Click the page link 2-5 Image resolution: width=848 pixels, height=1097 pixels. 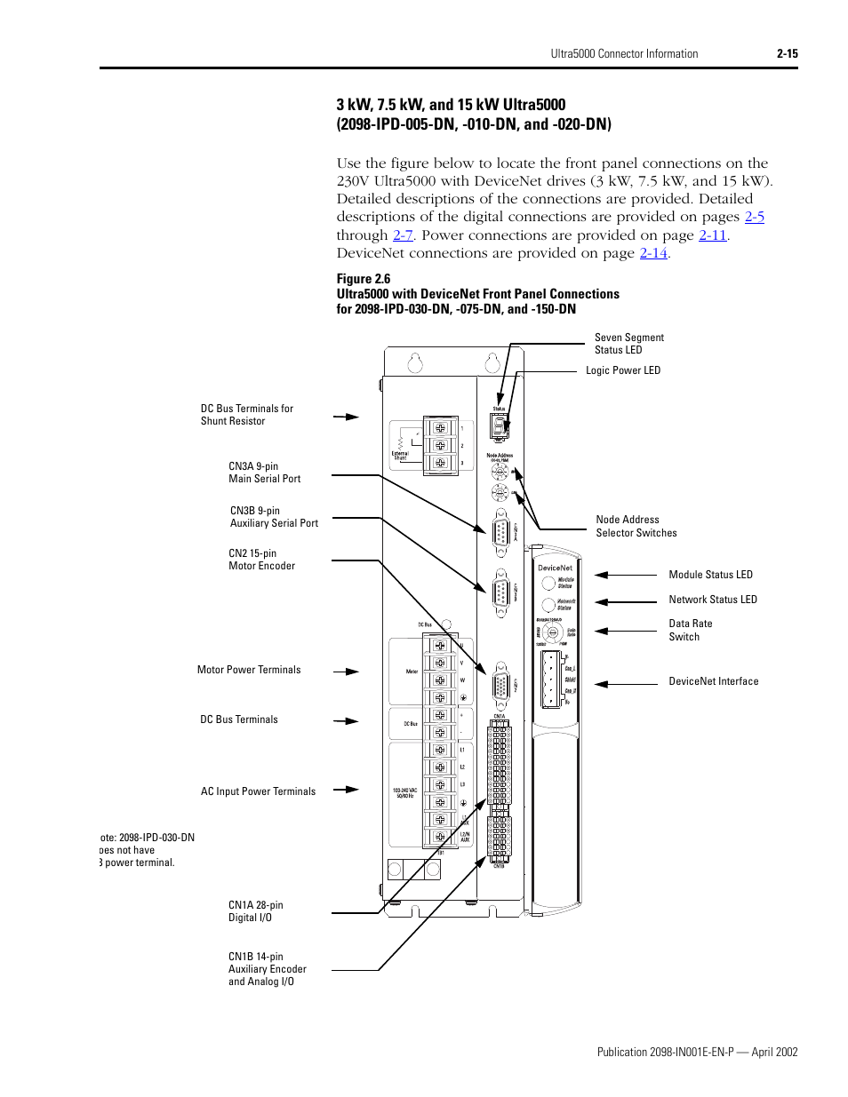click(x=754, y=217)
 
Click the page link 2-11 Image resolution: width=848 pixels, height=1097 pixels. click(x=712, y=235)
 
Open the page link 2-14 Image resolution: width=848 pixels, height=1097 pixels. click(x=653, y=253)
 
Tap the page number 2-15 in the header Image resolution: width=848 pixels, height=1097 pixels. click(x=787, y=54)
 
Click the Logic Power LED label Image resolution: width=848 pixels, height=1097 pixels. click(x=622, y=370)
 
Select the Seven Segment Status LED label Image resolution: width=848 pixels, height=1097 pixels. click(x=628, y=344)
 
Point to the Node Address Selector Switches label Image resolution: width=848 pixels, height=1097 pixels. click(x=636, y=526)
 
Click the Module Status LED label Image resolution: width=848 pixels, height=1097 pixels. click(x=710, y=575)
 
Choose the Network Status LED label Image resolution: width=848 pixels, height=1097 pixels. click(x=712, y=600)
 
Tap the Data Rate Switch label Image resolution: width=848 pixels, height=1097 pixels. click(x=690, y=630)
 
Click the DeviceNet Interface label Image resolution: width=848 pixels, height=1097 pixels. click(x=713, y=681)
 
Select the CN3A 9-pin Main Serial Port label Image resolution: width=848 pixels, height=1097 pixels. click(x=264, y=473)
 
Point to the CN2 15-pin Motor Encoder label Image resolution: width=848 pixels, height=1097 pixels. click(x=261, y=560)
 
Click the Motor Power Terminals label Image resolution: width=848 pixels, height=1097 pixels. click(x=249, y=670)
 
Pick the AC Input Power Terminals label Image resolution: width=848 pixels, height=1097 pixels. click(x=258, y=791)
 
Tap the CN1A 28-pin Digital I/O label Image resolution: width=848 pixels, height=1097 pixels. click(x=255, y=911)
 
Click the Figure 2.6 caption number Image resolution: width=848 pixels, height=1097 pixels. click(x=363, y=279)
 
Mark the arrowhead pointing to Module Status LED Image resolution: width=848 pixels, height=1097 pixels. click(x=602, y=576)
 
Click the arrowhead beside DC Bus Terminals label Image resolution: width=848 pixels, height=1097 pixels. click(x=353, y=721)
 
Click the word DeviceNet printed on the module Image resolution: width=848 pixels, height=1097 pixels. click(x=555, y=568)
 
